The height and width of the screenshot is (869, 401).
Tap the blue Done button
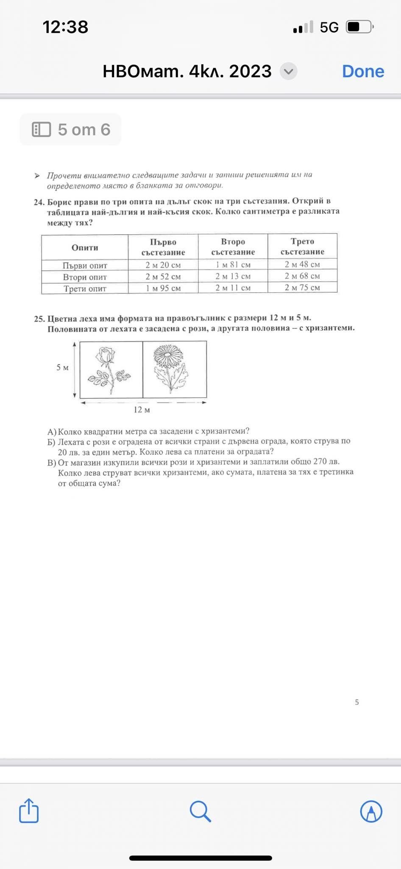coord(363,71)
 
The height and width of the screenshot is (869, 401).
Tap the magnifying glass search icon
coord(200,811)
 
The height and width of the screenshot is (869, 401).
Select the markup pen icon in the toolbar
coord(371,811)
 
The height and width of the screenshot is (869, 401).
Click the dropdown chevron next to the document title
coord(289,71)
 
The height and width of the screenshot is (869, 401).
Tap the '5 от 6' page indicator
coord(71,129)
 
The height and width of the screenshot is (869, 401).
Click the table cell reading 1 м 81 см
coord(233,265)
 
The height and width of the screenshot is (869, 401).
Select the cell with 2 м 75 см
coord(302,287)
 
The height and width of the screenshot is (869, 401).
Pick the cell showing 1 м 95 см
coord(163,288)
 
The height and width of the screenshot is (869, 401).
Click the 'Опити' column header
coord(85,247)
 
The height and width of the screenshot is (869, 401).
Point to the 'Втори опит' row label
coord(85,277)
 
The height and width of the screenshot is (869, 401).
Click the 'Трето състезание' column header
coord(302,247)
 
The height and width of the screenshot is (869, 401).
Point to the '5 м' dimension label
coord(62,367)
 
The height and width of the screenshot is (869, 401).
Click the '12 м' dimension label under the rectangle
coord(142,409)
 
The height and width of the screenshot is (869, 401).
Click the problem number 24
coord(39,202)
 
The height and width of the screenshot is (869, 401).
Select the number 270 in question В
coord(320,462)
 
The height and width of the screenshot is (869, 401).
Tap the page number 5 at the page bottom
coord(357,702)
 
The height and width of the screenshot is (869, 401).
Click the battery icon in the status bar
coord(359,27)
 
